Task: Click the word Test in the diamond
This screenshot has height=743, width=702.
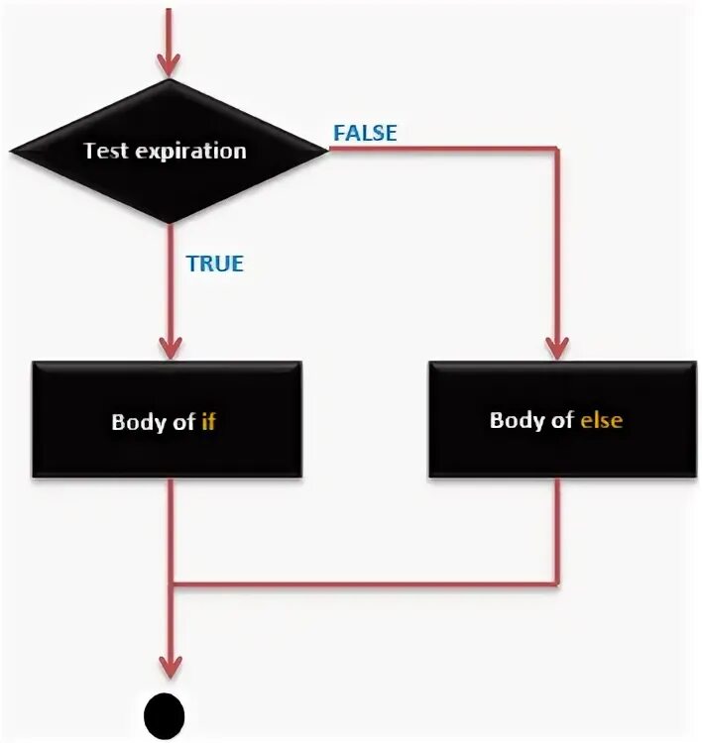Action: [x=106, y=152]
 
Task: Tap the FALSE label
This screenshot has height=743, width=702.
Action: [x=365, y=132]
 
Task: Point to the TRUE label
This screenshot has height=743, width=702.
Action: [x=214, y=264]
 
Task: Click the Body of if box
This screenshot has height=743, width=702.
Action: [x=167, y=420]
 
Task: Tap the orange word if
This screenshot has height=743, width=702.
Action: [x=208, y=420]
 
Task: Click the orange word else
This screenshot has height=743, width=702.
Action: [x=602, y=420]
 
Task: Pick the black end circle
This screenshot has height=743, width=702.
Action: [x=165, y=711]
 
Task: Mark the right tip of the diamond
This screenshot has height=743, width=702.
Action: [x=325, y=151]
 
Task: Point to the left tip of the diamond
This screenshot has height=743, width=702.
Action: [x=12, y=152]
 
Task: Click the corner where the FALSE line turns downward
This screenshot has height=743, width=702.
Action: [x=557, y=151]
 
